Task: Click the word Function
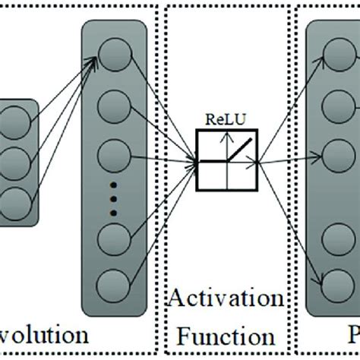(226, 335)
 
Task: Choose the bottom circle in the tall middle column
(112, 285)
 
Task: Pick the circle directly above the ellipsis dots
(112, 155)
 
